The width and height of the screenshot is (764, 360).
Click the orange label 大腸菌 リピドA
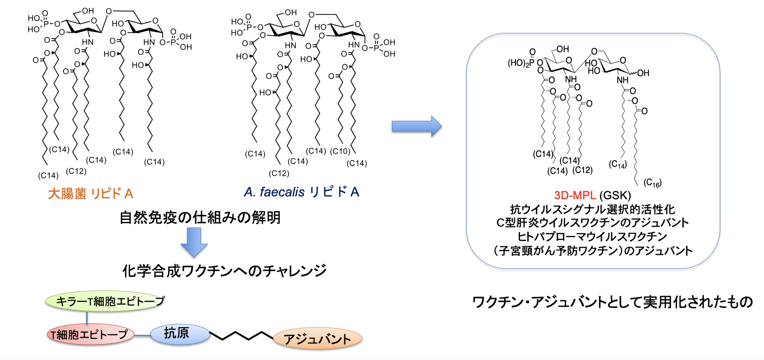coord(91,194)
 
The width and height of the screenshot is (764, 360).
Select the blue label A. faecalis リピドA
coord(301,192)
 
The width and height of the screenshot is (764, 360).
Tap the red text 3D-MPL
coord(575,196)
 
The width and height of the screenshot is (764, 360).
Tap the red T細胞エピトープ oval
coord(90,334)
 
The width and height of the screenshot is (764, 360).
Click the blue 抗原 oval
coord(178,334)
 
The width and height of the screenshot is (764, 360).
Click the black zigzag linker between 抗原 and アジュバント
coord(241,336)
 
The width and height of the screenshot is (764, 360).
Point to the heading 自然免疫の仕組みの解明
coord(200,218)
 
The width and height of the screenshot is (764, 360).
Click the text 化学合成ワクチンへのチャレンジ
coord(224,271)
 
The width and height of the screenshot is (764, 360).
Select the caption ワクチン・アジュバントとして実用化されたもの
coord(612,302)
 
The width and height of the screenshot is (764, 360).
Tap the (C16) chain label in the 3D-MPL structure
coord(652,182)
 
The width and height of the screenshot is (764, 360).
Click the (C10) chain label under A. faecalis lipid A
coord(340,151)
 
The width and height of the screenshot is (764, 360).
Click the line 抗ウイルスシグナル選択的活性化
coord(592,209)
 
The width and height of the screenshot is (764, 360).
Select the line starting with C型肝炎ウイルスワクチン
coord(592,223)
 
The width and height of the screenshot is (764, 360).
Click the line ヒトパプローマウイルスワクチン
coord(592,236)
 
